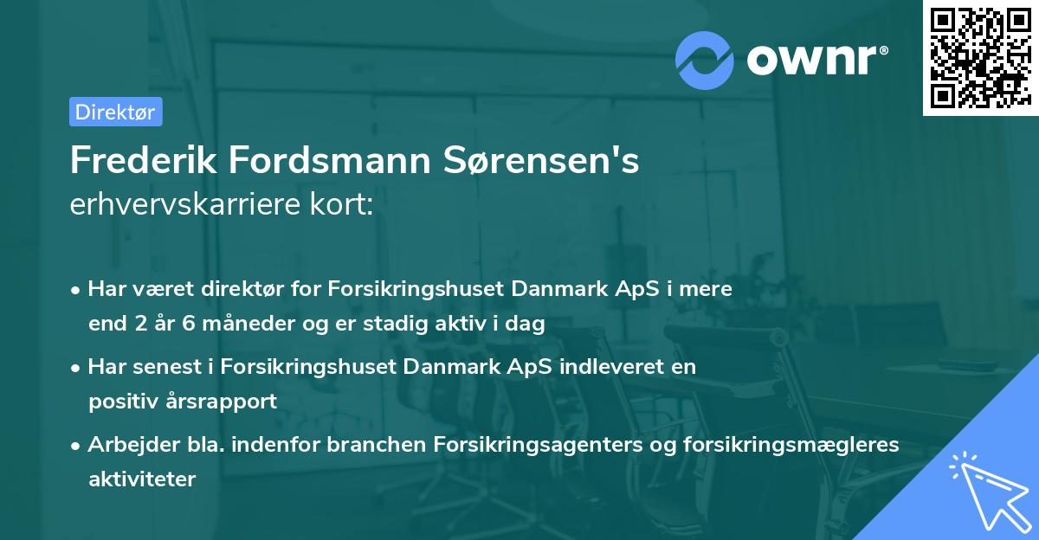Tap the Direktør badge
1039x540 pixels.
115,112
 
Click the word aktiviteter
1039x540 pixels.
142,479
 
